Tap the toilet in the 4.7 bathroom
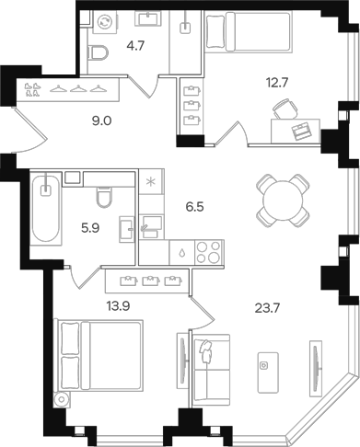pos(97,54)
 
